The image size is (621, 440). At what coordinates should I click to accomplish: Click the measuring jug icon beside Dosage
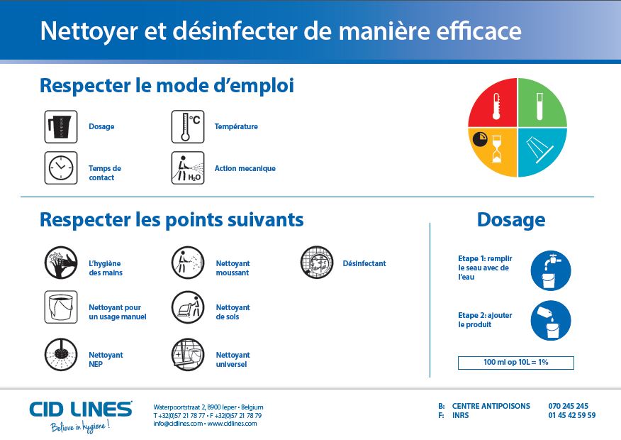coord(61,127)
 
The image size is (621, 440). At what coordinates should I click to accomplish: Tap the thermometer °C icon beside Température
coord(188,127)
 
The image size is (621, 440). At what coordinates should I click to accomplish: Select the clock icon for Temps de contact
coord(61,167)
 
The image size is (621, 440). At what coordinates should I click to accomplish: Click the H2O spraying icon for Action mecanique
coord(188,167)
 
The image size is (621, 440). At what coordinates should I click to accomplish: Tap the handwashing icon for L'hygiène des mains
coord(61,263)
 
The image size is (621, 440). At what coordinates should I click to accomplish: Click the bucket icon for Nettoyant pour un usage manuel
coord(61,307)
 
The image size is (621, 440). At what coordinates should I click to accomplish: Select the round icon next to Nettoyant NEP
coord(61,354)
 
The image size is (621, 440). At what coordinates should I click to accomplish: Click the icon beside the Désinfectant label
coord(317,263)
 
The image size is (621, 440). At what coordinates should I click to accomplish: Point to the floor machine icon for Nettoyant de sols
coord(188,307)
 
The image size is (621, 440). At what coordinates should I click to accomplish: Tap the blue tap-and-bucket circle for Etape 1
coord(551,270)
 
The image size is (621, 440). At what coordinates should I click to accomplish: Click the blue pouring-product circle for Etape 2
coord(551,321)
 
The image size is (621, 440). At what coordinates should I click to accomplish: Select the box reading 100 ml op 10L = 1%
coord(516,363)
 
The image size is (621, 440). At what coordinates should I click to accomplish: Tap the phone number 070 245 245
coord(569,406)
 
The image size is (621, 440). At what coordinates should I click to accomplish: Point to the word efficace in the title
coord(479,31)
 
